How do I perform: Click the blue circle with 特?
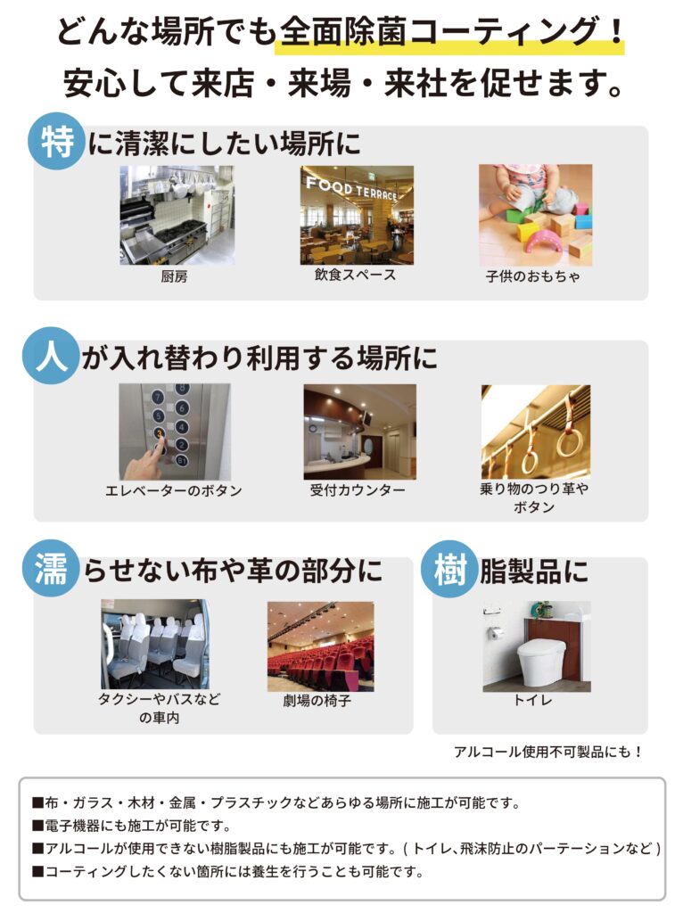tap(56, 142)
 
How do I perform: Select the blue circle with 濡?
tap(51, 568)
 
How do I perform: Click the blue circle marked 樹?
tap(449, 568)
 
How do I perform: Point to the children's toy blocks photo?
tap(535, 215)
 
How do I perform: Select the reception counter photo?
tap(359, 432)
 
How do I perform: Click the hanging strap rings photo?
tap(535, 432)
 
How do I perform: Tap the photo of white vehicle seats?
tap(155, 644)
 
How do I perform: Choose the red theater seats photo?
tap(320, 646)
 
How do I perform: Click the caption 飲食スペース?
tap(355, 276)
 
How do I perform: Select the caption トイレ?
tap(532, 701)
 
